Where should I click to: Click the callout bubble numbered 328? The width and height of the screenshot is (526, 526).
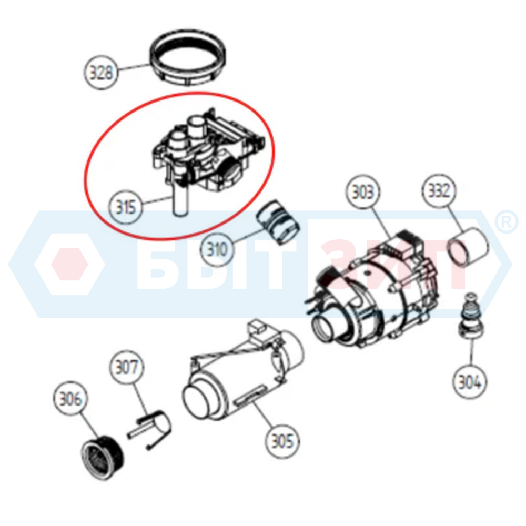[101, 72]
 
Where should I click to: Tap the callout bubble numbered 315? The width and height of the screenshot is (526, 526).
[126, 207]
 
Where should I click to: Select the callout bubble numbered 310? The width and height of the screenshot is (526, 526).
[217, 249]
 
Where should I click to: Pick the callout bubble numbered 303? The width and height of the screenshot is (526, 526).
[363, 191]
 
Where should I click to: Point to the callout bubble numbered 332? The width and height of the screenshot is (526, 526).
[439, 190]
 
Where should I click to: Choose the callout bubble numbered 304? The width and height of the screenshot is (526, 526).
[470, 381]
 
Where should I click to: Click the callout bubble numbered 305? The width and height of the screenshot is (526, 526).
[282, 440]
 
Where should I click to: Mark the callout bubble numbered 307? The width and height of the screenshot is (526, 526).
[126, 367]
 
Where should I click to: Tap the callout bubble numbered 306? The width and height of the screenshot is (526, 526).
[70, 398]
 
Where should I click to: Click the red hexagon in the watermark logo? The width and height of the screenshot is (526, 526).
[69, 264]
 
